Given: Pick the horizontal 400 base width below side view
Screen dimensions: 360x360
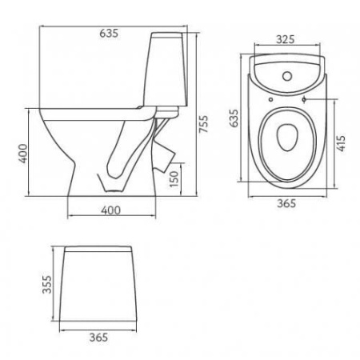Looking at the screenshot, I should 110,209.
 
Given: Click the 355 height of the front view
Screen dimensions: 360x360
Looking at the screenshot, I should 47,283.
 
